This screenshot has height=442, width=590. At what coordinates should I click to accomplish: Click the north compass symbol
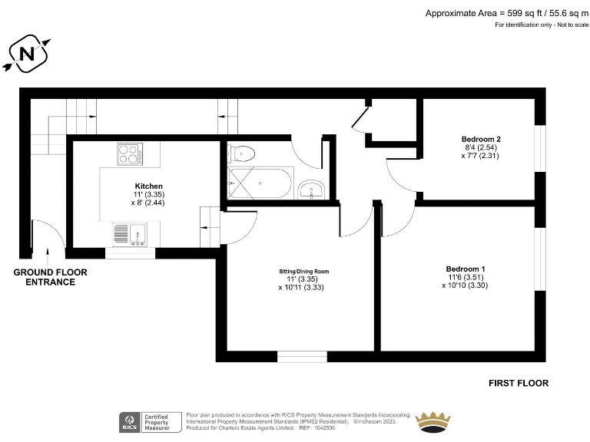[27, 54]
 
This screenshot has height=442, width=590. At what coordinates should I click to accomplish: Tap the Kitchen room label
[149, 186]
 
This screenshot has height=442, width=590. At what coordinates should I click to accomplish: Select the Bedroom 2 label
[481, 139]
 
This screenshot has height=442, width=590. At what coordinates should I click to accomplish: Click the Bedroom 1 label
[466, 269]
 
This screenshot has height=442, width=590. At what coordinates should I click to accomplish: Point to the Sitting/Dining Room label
[303, 272]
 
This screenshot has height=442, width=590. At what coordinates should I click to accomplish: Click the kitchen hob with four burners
[131, 154]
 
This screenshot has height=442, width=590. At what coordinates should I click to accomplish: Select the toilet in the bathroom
[241, 153]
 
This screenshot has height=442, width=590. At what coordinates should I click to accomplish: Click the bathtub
[260, 184]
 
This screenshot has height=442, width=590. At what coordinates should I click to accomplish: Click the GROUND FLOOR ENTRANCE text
[51, 277]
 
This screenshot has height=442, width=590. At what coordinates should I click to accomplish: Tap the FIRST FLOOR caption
[519, 383]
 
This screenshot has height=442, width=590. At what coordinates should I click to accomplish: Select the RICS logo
[129, 421]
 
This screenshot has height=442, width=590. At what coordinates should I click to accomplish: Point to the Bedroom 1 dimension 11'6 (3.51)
[466, 277]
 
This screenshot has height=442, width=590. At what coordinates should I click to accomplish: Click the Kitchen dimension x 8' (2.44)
[149, 203]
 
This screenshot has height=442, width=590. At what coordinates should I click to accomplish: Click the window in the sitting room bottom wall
[302, 356]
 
